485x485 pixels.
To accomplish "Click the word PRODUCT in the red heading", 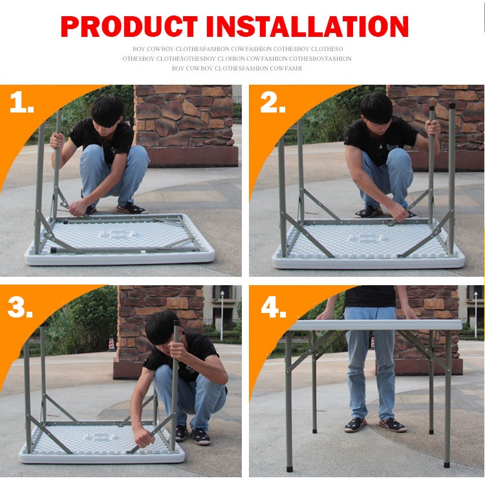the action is click(129, 27).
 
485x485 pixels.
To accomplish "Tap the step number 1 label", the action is click(21, 102).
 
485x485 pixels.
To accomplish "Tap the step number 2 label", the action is click(272, 102).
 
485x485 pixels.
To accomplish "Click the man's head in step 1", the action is click(107, 111).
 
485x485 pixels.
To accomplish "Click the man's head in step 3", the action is click(163, 329).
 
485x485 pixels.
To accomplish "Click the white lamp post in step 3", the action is click(222, 316).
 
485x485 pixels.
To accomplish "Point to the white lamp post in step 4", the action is click(476, 314).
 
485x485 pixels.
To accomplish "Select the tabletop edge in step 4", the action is click(376, 325).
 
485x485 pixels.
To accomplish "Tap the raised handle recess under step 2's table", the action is click(367, 237).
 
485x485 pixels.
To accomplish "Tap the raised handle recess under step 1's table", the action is click(116, 233).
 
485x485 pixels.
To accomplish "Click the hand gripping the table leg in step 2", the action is click(433, 127).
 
